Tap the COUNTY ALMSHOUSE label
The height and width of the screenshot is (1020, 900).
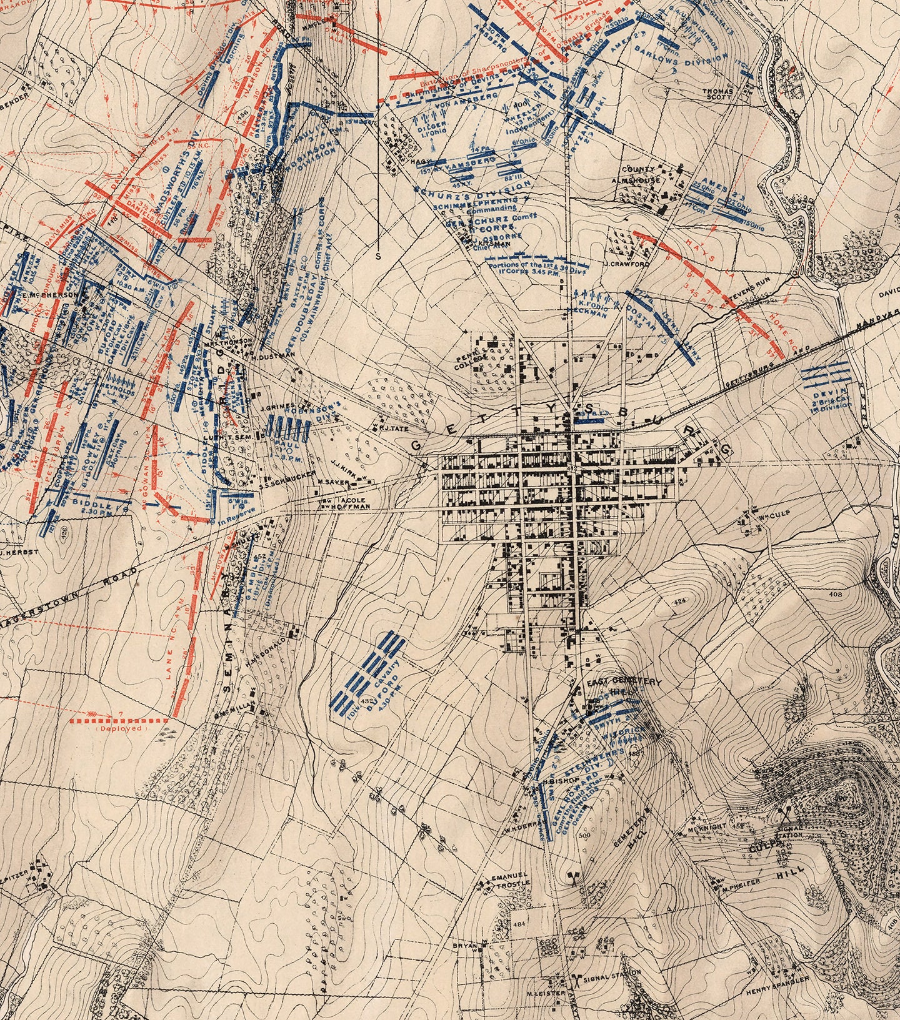pyautogui.click(x=637, y=174)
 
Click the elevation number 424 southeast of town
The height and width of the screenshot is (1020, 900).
pyautogui.click(x=679, y=601)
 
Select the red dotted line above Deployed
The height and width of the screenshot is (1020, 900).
pyautogui.click(x=119, y=720)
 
